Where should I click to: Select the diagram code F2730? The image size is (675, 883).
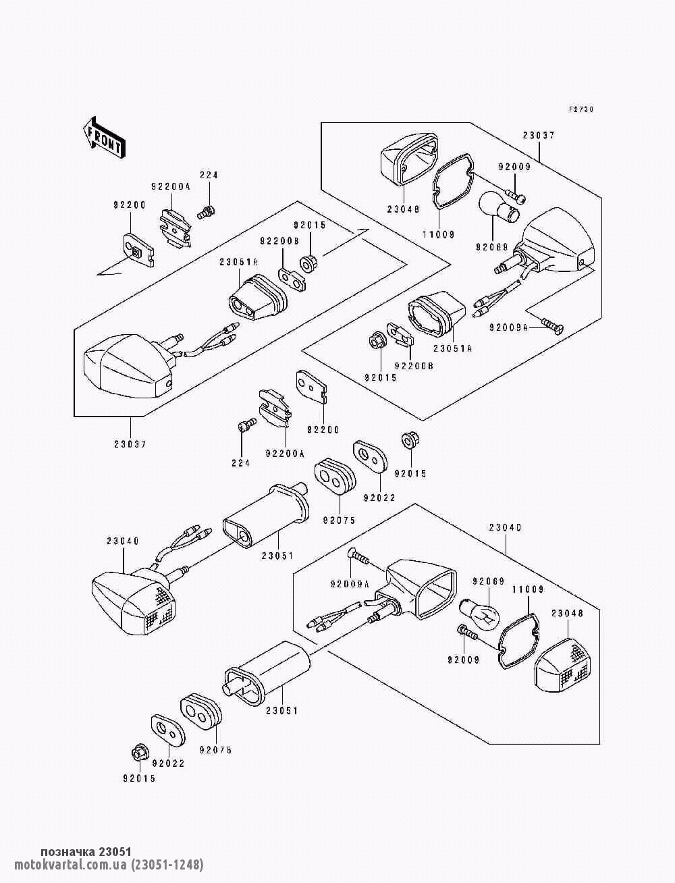[581, 109]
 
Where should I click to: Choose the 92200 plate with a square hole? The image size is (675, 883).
[139, 250]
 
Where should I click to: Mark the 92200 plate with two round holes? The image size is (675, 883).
[312, 387]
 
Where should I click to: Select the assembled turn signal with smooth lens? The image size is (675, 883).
[128, 365]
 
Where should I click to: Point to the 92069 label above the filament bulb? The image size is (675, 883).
[488, 581]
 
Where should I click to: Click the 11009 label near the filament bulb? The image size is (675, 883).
[528, 589]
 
